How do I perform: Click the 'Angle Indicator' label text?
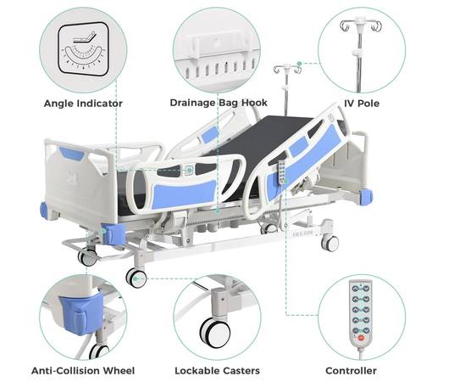point(83,104)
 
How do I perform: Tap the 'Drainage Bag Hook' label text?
point(219,103)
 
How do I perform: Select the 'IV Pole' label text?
point(362,104)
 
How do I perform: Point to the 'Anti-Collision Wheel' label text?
point(83,371)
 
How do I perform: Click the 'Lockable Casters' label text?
point(217,371)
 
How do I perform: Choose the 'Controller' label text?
point(351,371)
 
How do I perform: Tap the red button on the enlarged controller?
point(361,338)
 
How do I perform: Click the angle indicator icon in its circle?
point(83,49)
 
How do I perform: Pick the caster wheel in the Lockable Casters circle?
point(215,332)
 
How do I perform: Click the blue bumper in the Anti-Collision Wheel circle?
point(82,313)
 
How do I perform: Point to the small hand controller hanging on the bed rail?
point(281,172)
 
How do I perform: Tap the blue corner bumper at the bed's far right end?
point(366,196)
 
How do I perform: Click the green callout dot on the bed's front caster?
point(136,279)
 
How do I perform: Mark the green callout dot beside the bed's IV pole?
point(300,63)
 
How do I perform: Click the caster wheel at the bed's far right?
point(330,244)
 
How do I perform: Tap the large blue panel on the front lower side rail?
point(184,193)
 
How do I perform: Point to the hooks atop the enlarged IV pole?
point(361,25)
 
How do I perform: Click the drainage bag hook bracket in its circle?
point(219,47)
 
